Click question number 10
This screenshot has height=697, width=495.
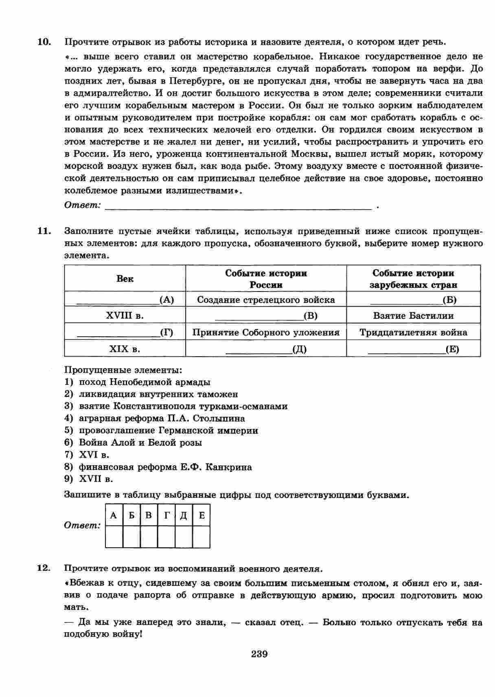pos(44,42)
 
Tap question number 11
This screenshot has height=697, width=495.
pos(44,231)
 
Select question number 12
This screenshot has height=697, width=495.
pos(44,568)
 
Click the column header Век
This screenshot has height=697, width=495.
pos(125,279)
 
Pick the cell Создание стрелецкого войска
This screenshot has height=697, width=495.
pos(266,300)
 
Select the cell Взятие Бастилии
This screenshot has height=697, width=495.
pos(413,316)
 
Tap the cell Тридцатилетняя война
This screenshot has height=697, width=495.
pos(413,333)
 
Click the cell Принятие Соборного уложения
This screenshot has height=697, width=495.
pos(266,333)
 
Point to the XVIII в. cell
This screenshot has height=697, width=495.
pos(125,316)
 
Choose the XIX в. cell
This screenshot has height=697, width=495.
pos(125,349)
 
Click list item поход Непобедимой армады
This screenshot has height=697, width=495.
pos(145,382)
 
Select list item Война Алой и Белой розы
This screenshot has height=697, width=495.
pos(140,443)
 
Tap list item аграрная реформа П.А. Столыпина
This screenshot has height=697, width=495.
pos(162,419)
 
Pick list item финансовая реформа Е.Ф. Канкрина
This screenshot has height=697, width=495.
pos(165,467)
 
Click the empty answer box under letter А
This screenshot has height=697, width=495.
pos(114,537)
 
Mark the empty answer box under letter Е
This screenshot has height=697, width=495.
pos(201,537)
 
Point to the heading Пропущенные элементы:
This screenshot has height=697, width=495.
pos(123,370)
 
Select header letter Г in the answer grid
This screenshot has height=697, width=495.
pos(166,515)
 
